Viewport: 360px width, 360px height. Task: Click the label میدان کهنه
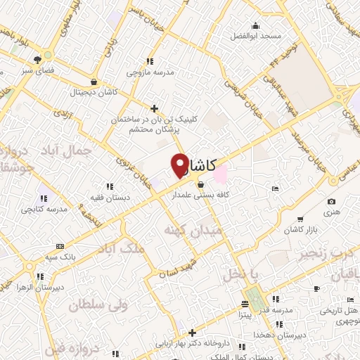[193, 230]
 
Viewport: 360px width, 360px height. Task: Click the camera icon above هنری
[331, 202]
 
